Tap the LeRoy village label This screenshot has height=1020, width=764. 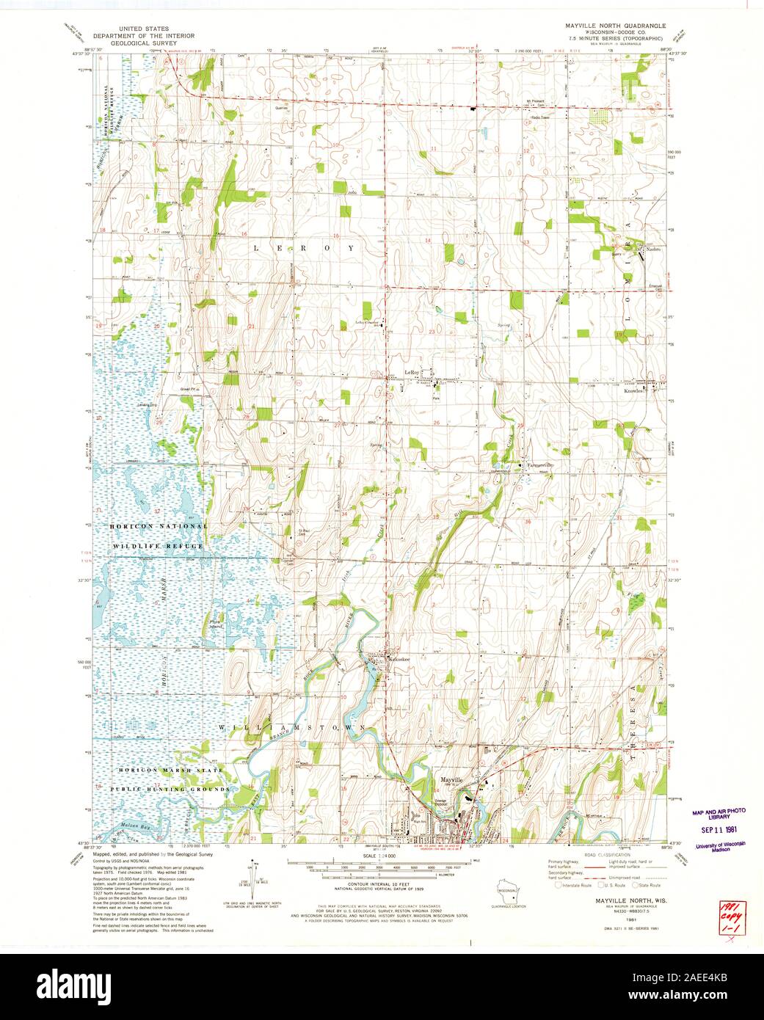tap(411, 373)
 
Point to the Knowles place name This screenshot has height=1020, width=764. tap(634, 391)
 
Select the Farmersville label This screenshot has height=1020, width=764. tap(536, 465)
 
